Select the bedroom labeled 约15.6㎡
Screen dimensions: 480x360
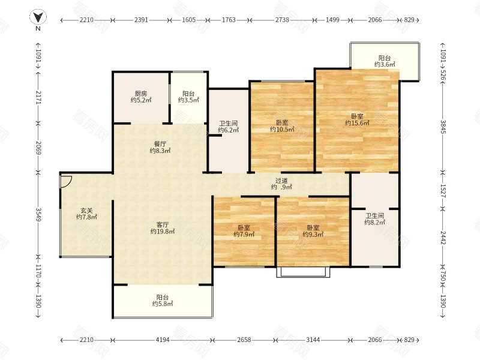tap(357, 119)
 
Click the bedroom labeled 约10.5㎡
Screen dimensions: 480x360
tap(282, 126)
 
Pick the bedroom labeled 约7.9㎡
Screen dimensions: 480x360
tap(244, 231)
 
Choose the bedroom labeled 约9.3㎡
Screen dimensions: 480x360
tap(313, 231)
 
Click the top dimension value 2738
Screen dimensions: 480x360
tap(282, 20)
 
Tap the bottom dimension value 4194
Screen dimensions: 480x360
tap(163, 340)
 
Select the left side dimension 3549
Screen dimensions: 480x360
tap(38, 215)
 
